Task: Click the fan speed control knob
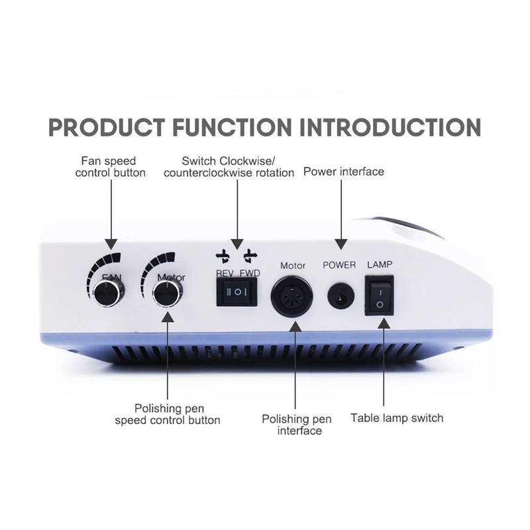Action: point(107,292)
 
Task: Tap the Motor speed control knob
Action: point(167,292)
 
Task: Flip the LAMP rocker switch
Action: point(380,295)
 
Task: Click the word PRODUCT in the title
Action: point(107,127)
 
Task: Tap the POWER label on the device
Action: point(339,265)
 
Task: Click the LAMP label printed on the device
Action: point(380,264)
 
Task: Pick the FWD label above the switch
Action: point(249,273)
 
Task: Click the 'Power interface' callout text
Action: point(343,172)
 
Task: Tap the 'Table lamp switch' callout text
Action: point(397,418)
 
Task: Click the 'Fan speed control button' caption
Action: point(110,167)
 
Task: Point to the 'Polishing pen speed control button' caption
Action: point(168,414)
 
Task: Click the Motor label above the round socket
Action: point(293,266)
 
